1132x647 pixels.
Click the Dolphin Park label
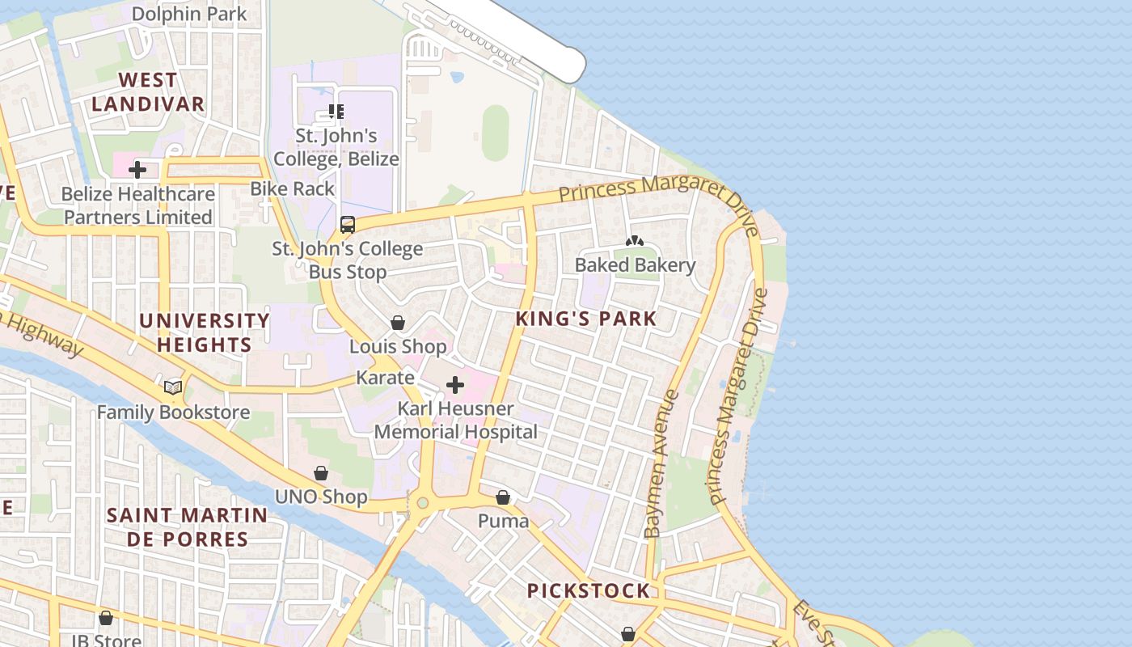point(189,14)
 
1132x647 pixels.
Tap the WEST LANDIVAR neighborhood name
point(147,92)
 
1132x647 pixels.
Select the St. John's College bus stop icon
point(348,225)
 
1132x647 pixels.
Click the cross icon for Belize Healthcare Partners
point(137,170)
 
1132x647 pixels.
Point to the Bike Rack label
point(292,188)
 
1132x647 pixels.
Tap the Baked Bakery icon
point(635,241)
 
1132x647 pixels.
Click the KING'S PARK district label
point(586,319)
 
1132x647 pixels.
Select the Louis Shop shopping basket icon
point(398,323)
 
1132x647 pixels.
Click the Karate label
point(385,378)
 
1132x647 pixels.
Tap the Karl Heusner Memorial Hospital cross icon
point(455,385)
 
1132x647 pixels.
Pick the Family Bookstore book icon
point(173,388)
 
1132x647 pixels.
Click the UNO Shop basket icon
point(321,473)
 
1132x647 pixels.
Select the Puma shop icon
point(503,497)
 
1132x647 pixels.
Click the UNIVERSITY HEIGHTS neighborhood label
point(204,332)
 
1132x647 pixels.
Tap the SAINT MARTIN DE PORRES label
point(186,527)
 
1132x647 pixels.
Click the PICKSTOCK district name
point(588,591)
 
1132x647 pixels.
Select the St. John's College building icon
point(336,112)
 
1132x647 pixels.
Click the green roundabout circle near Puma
point(422,503)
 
